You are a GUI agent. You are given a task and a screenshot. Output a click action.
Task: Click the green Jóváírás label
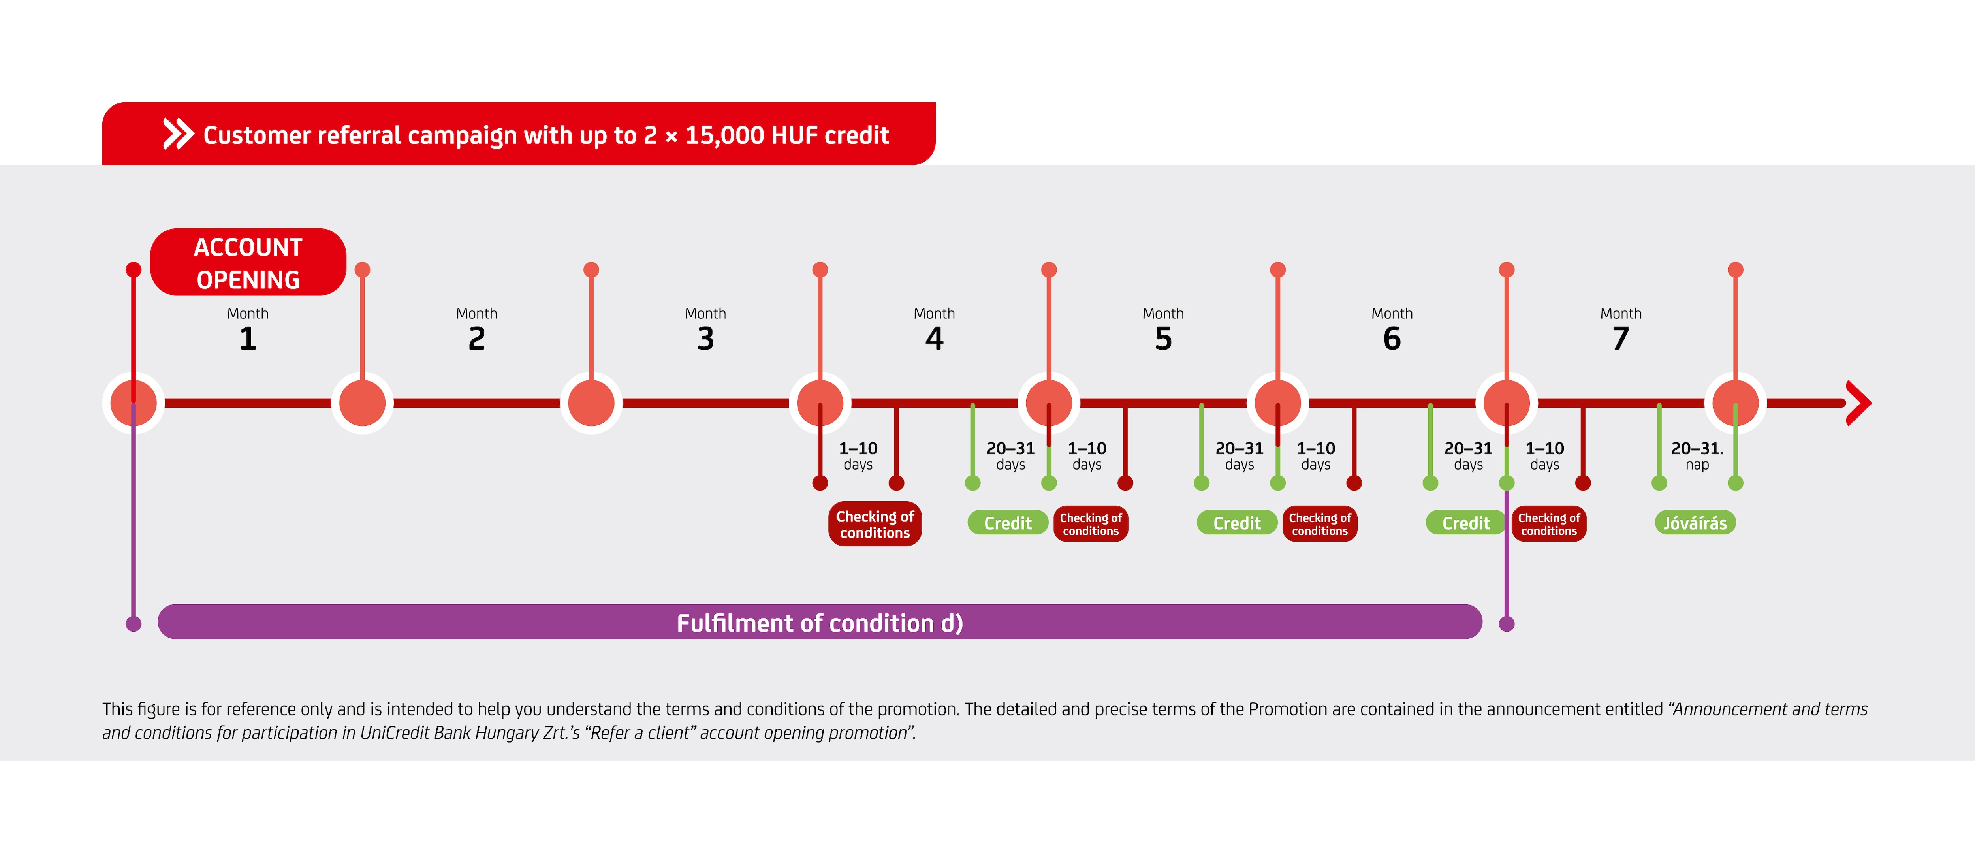[x=1695, y=523]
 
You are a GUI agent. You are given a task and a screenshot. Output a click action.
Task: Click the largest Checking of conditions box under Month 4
[x=875, y=524]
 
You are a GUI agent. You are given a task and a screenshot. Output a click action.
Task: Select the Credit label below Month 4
[x=1007, y=523]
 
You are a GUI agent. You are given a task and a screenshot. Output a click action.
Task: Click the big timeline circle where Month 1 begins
[x=134, y=403]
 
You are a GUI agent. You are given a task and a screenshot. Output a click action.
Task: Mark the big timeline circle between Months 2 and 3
[x=591, y=403]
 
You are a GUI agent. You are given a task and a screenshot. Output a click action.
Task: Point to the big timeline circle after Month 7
[x=1735, y=403]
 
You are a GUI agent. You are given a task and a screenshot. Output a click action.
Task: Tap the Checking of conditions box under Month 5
[x=1319, y=524]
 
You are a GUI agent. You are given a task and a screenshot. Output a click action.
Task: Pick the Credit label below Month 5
[x=1237, y=523]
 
